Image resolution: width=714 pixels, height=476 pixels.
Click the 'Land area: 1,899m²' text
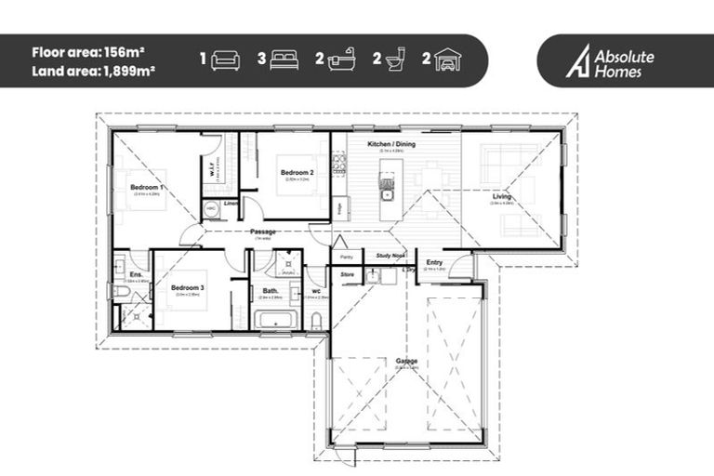[94, 70]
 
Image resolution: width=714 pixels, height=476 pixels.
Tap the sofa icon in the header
[225, 60]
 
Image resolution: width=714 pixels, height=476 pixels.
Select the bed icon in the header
[284, 60]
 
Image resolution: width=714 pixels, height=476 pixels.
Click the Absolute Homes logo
[615, 61]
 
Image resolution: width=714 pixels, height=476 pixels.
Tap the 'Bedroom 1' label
[147, 188]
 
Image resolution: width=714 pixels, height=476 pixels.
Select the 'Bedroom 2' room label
[297, 172]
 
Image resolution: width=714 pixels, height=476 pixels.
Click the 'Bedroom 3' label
[187, 288]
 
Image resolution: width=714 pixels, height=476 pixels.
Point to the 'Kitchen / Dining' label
[390, 145]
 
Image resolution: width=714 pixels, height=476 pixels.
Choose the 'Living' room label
[502, 197]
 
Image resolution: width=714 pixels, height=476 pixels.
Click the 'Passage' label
[263, 231]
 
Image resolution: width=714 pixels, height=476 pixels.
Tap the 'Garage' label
[406, 361]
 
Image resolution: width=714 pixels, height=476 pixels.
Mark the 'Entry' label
[434, 263]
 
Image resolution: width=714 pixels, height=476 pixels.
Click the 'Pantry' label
[346, 256]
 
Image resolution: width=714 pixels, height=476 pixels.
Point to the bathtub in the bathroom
[275, 323]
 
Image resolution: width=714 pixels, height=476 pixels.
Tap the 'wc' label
[316, 291]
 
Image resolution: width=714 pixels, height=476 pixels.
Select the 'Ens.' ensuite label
[136, 275]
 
